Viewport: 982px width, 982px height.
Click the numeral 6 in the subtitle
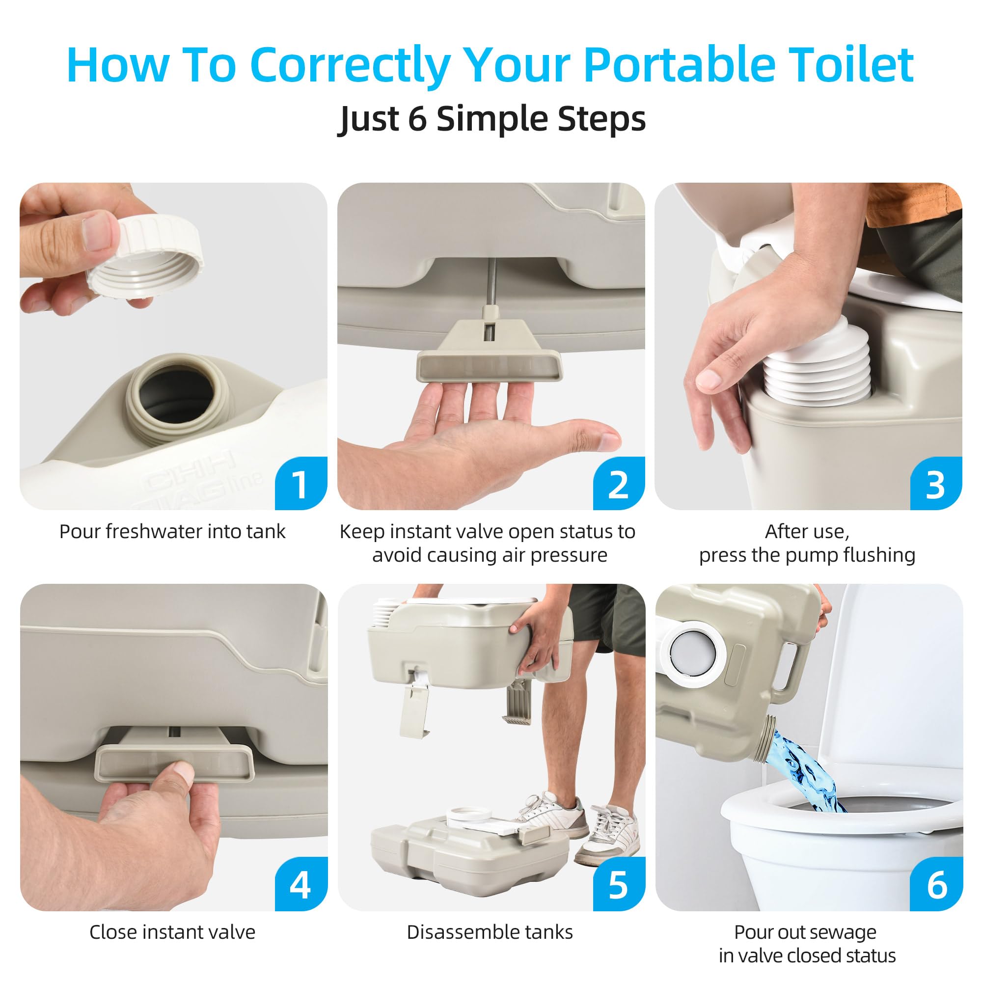[x=417, y=119]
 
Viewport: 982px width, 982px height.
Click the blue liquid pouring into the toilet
[x=803, y=772]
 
